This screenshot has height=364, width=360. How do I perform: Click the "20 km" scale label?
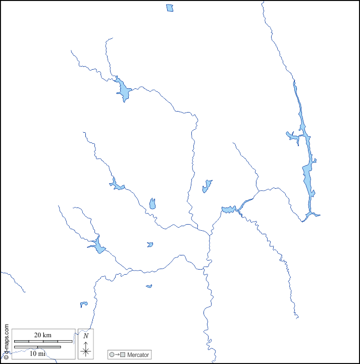[x=43, y=335]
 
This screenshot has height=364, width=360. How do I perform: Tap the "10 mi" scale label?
[x=37, y=353]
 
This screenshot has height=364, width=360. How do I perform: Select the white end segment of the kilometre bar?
[x=65, y=342]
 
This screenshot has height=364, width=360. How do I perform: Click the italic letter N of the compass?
[x=86, y=336]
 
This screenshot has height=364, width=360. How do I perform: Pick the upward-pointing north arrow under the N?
[x=86, y=343]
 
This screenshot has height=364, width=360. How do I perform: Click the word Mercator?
[x=138, y=355]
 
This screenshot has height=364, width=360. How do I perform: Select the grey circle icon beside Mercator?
[x=112, y=355]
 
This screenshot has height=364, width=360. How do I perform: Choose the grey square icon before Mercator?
[x=123, y=355]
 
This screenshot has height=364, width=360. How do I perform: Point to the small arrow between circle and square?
[x=117, y=355]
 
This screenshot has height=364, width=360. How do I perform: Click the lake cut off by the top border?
[x=170, y=8]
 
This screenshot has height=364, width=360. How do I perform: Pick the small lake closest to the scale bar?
[x=84, y=304]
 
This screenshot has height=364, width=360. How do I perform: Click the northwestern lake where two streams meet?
[x=122, y=90]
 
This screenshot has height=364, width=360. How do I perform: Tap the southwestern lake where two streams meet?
[x=98, y=246]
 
